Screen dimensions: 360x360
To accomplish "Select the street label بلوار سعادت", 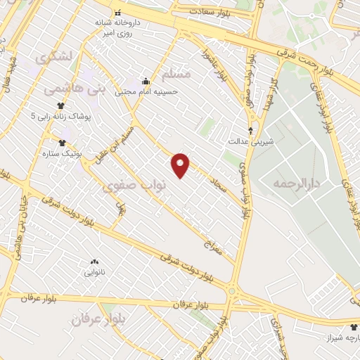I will [x=211, y=13].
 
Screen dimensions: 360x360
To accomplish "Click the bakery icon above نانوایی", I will [x=95, y=261].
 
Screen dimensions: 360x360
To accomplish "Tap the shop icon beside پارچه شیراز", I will [x=354, y=328].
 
